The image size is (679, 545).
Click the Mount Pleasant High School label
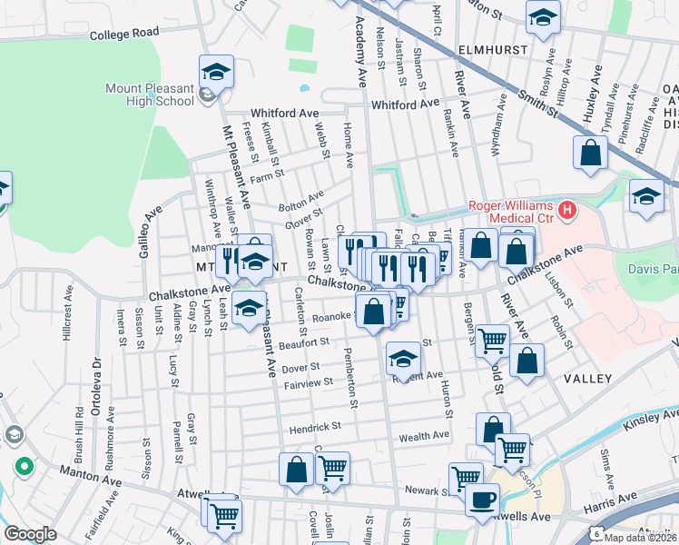tap(150, 94)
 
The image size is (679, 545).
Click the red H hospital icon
tap(568, 211)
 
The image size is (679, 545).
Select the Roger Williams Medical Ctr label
tap(510, 211)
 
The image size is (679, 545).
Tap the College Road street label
tap(124, 34)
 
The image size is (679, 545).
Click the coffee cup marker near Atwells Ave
tap(482, 498)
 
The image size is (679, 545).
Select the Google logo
tap(30, 534)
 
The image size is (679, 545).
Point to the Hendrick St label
tap(315, 426)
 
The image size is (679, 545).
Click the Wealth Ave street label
tap(424, 436)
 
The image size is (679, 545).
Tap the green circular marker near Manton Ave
tap(24, 468)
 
